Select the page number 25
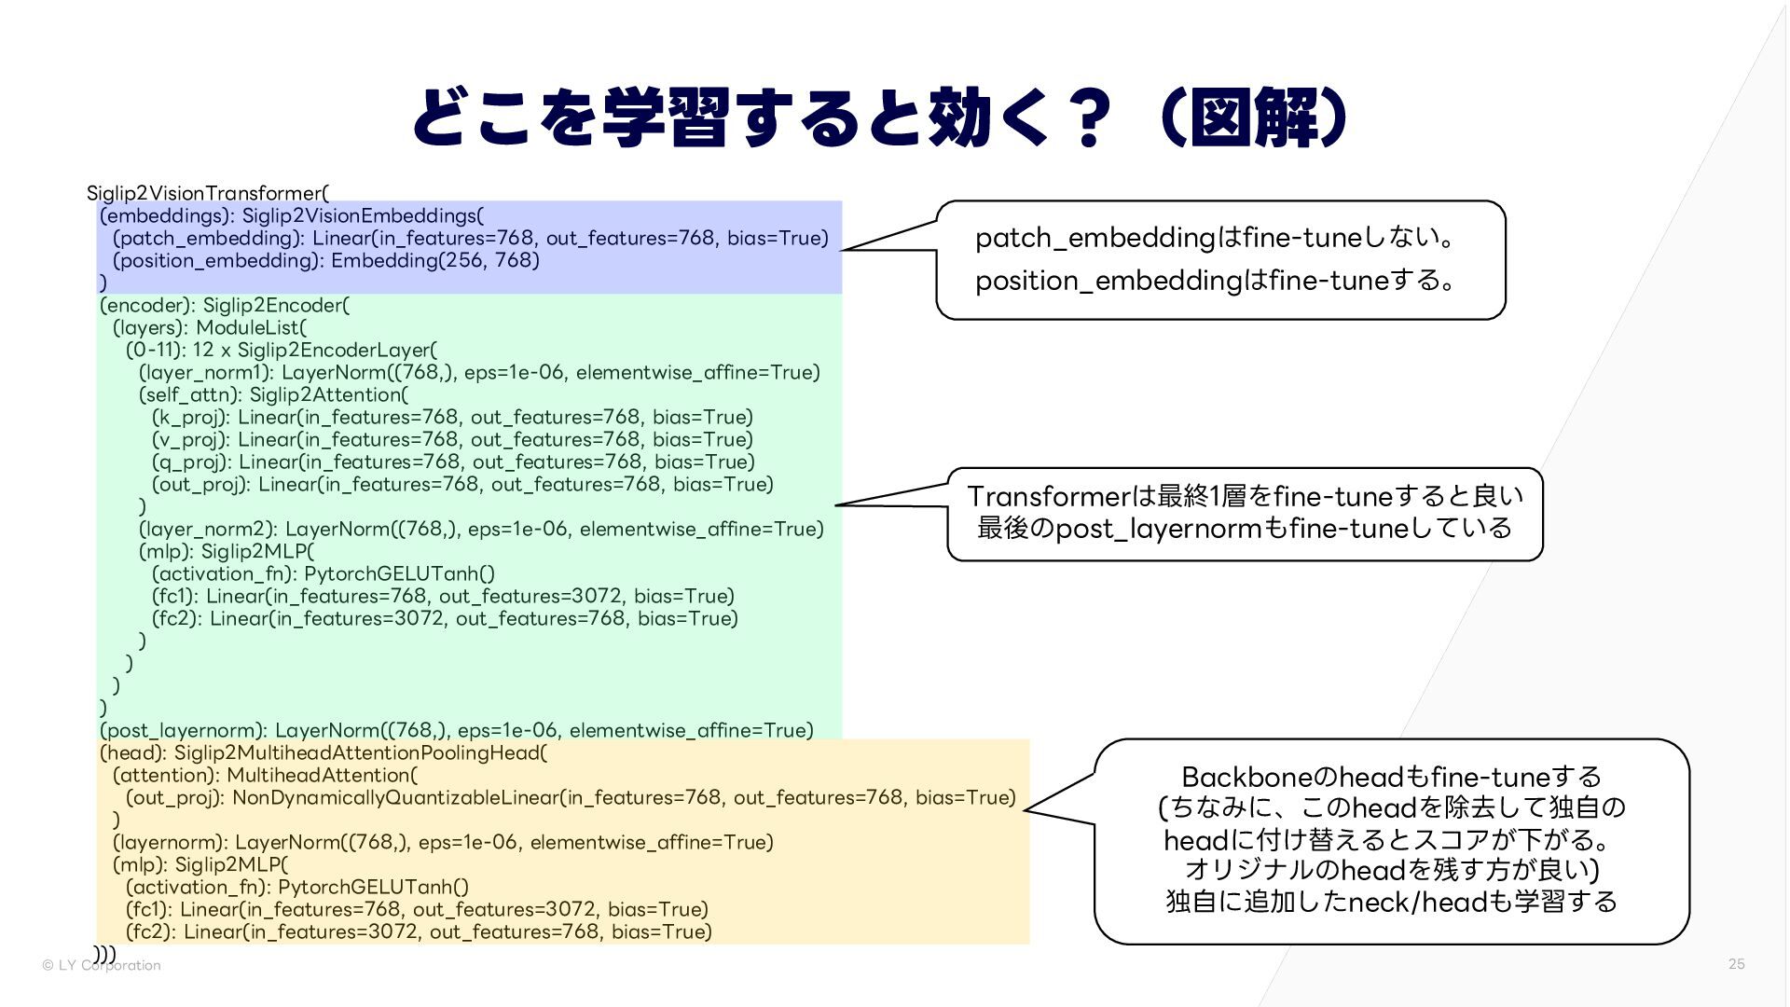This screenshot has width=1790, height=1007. [1736, 964]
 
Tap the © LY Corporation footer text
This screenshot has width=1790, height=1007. [102, 965]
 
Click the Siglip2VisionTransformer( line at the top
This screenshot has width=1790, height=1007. [208, 193]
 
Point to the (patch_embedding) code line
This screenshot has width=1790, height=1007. [470, 238]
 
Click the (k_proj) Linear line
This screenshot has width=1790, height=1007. [452, 417]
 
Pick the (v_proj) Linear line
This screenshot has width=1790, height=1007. [452, 439]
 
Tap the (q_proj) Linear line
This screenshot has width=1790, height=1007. [453, 462]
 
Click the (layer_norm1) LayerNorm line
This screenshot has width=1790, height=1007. [479, 372]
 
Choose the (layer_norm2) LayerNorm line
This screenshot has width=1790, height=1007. [481, 529]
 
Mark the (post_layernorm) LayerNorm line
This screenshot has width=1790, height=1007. [457, 730]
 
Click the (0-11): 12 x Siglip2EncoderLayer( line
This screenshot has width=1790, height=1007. [282, 350]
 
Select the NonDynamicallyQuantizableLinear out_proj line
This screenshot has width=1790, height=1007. [571, 797]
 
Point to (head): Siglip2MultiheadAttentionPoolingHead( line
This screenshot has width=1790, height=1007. [324, 752]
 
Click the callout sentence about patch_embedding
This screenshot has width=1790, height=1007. [1214, 238]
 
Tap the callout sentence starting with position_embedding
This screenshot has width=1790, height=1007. [1214, 280]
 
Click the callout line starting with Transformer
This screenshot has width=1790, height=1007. [1245, 495]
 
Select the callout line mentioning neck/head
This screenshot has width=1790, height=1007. [1391, 902]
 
